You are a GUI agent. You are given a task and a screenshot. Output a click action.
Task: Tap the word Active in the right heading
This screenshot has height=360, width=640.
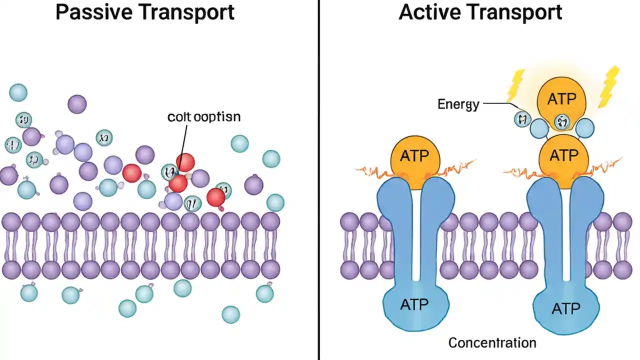(x=428, y=12)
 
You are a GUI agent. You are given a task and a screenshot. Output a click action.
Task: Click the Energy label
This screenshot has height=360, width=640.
(x=458, y=104)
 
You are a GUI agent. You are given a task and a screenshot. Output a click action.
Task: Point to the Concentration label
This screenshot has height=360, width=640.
(x=492, y=343)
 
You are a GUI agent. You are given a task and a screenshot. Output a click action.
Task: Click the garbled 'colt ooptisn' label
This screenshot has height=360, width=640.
(x=204, y=117)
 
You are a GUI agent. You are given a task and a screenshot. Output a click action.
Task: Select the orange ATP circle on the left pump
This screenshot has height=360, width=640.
(x=415, y=156)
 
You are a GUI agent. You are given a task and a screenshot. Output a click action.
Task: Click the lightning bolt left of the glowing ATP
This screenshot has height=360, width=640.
(x=515, y=85)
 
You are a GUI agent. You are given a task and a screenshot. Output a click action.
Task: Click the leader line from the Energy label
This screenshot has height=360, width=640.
(x=497, y=104)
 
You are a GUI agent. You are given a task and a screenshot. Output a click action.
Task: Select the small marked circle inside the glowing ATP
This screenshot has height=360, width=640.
(x=561, y=121)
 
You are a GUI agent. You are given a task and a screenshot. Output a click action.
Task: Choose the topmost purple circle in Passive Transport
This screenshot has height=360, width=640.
(x=77, y=104)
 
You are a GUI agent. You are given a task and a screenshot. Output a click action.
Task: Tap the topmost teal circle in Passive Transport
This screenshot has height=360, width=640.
(x=18, y=92)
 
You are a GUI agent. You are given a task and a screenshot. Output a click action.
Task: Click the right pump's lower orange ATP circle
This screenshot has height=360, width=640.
(x=563, y=155)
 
